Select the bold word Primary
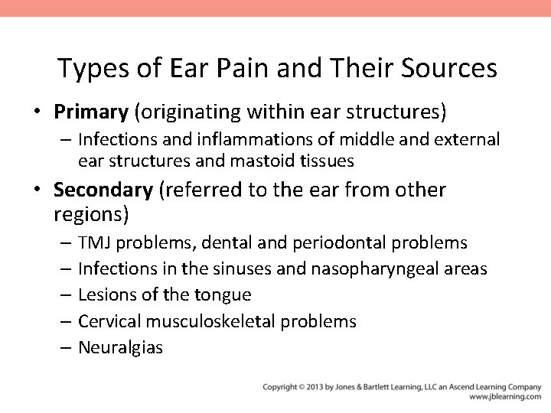(90, 112)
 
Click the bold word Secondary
(103, 189)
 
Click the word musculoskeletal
(217, 321)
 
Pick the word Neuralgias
(120, 347)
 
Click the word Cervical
(109, 321)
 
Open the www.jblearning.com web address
(505, 397)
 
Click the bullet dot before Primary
(37, 113)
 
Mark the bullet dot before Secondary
(37, 190)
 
